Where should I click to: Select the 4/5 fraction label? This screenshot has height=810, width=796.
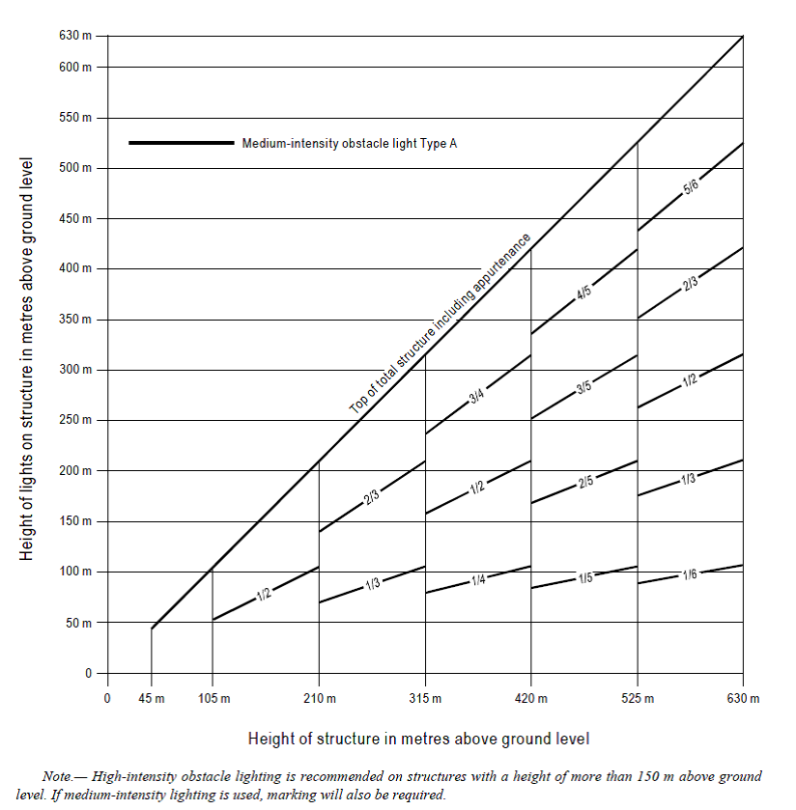tap(584, 292)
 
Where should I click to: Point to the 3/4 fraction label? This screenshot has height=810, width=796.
tap(478, 395)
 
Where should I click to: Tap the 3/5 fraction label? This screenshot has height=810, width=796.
tap(584, 388)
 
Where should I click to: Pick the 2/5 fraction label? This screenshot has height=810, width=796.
tap(585, 481)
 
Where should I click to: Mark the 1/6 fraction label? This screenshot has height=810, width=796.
tap(691, 573)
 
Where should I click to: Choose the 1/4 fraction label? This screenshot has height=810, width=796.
tap(478, 579)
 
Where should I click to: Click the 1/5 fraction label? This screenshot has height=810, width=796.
tap(584, 577)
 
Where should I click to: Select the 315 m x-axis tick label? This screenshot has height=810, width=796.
tap(425, 698)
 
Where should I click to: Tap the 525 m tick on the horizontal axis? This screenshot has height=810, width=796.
tap(637, 698)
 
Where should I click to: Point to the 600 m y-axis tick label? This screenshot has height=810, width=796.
tap(75, 68)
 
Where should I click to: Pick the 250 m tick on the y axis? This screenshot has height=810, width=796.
tap(75, 420)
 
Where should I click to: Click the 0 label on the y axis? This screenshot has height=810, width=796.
tap(89, 673)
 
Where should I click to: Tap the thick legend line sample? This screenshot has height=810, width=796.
tap(182, 143)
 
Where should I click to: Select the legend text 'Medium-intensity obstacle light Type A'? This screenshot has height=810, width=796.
tap(350, 143)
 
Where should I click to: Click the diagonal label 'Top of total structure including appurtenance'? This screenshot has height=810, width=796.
tap(441, 324)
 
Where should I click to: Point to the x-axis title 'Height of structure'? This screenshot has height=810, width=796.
tap(418, 739)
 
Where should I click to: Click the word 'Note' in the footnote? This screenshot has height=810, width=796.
tap(58, 776)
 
